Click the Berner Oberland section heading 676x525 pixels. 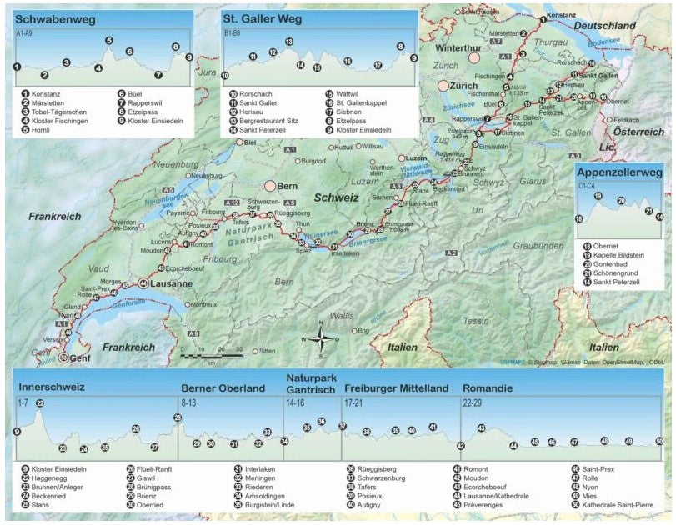pos(223,388)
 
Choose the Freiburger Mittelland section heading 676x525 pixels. pos(395,388)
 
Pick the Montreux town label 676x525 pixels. pos(203,305)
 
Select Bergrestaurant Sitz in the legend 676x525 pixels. pos(270,120)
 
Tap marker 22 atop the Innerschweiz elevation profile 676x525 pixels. pos(39,403)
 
